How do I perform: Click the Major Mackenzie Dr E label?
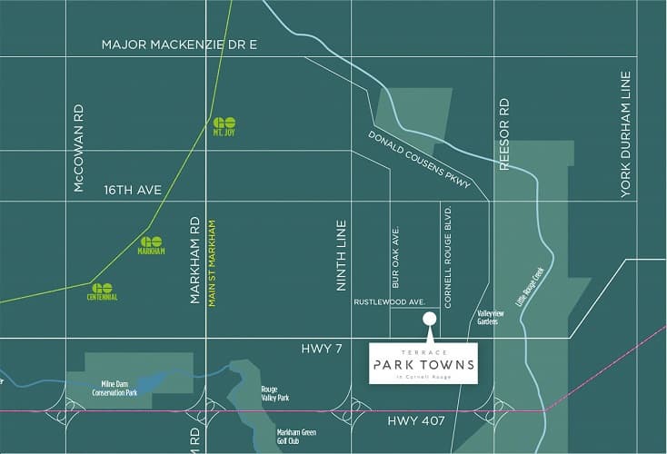181,44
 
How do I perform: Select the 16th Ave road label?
132,190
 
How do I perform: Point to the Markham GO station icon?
151,245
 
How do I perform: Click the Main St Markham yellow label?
212,262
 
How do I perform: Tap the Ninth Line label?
343,256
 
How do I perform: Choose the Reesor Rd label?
505,133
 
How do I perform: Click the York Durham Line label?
625,137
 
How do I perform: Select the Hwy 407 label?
413,419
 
